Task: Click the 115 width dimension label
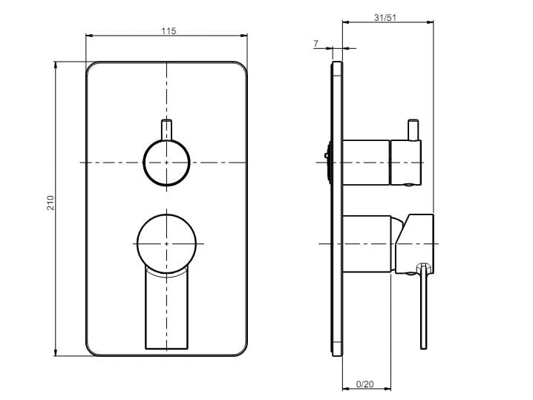click(168, 31)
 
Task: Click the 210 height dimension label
click(50, 203)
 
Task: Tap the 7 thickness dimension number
click(315, 44)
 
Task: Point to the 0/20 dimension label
click(365, 384)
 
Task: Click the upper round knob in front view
click(166, 162)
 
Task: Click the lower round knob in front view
click(167, 243)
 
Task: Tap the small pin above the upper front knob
click(167, 128)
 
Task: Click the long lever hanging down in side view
click(424, 312)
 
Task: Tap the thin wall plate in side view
click(337, 208)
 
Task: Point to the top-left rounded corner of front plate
click(91, 67)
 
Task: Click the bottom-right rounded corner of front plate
click(242, 350)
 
